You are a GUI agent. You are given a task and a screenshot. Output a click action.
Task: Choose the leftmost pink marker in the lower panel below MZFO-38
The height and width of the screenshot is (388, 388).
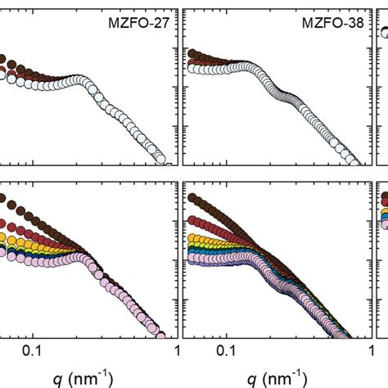pos(193,259)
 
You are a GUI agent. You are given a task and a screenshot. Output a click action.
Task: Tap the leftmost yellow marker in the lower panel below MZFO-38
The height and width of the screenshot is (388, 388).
pos(193,239)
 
